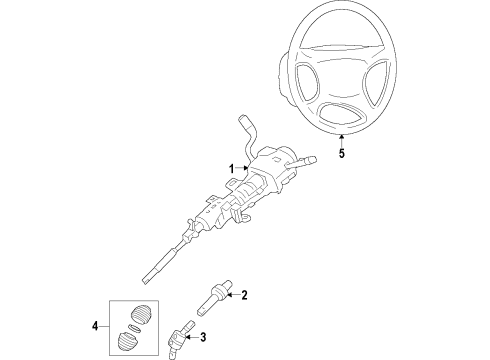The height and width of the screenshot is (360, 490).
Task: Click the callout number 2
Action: coord(243,295)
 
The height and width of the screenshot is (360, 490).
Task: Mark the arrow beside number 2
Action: coord(230,295)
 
